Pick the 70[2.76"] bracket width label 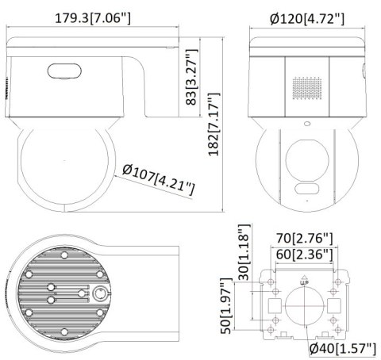tap(305, 237)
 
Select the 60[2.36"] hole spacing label tap(305, 254)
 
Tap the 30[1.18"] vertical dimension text tap(244, 252)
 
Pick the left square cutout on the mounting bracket tap(274, 305)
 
